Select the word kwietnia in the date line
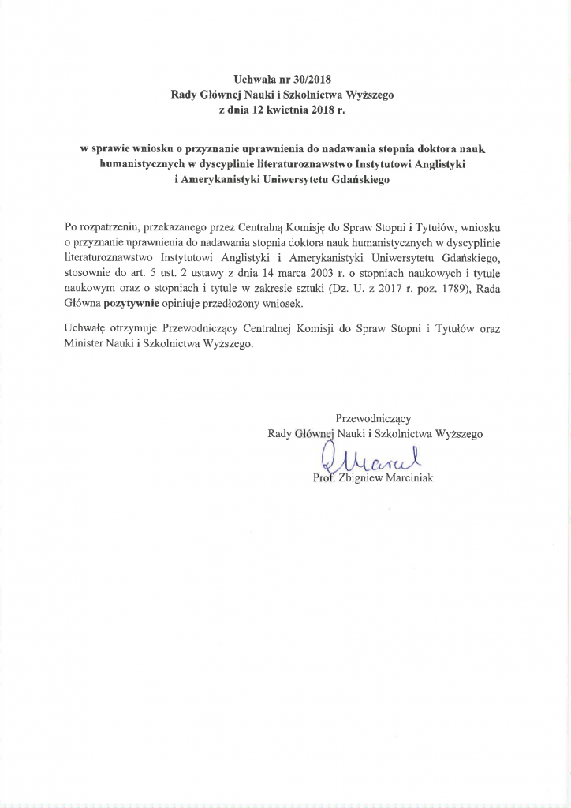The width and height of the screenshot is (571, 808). coord(298,110)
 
